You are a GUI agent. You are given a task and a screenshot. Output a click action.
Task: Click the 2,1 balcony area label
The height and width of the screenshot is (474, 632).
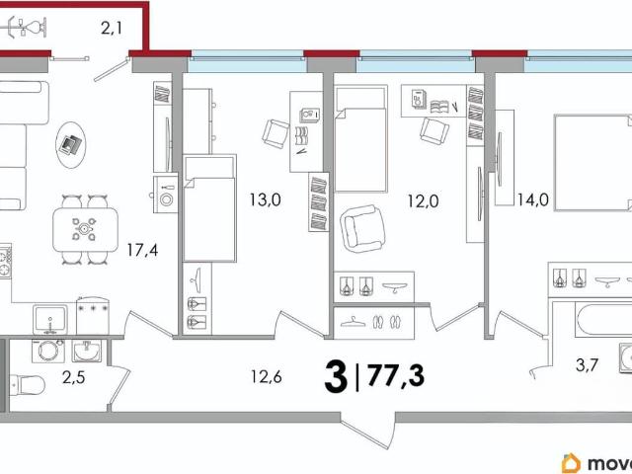(x=112, y=29)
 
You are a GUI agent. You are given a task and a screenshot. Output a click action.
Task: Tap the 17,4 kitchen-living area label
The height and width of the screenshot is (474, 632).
(x=142, y=250)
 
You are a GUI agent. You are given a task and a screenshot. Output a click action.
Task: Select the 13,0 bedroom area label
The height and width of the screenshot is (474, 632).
(x=265, y=199)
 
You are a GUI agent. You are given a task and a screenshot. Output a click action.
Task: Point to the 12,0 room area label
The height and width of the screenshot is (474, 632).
(x=423, y=200)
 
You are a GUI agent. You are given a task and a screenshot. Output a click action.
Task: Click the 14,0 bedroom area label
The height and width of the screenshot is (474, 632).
(x=533, y=199)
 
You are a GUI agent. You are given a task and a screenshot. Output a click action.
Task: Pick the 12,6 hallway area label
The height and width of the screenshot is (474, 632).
(x=266, y=376)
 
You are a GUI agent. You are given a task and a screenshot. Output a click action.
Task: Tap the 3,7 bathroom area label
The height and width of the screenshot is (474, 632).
(x=587, y=365)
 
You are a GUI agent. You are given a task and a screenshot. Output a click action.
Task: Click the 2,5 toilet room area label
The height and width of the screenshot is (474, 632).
(x=73, y=377)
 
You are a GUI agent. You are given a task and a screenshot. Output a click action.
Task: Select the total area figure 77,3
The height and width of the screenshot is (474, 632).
(x=396, y=375)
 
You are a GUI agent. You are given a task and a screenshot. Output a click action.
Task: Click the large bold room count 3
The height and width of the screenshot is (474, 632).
(x=336, y=377)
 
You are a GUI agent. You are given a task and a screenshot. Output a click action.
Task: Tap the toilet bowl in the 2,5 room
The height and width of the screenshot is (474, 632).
(x=27, y=386)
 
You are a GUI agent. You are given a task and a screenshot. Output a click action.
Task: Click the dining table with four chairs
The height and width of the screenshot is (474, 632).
(x=86, y=230)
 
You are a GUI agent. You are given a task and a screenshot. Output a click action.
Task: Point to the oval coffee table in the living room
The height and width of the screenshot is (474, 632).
(x=71, y=145)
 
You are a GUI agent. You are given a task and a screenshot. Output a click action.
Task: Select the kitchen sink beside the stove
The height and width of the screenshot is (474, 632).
(x=50, y=320)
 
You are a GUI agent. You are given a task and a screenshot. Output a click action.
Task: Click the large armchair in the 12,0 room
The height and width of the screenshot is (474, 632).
(x=362, y=228)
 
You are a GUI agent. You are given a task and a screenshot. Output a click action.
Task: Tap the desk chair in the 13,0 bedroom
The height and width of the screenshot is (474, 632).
(x=276, y=134)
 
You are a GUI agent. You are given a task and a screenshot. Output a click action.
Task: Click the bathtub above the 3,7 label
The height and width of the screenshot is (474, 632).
(x=603, y=320)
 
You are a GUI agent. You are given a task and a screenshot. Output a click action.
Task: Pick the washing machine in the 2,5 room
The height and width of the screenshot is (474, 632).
(x=48, y=351)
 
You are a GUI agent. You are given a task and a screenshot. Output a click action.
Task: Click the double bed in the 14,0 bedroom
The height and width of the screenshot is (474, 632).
(x=592, y=163)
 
